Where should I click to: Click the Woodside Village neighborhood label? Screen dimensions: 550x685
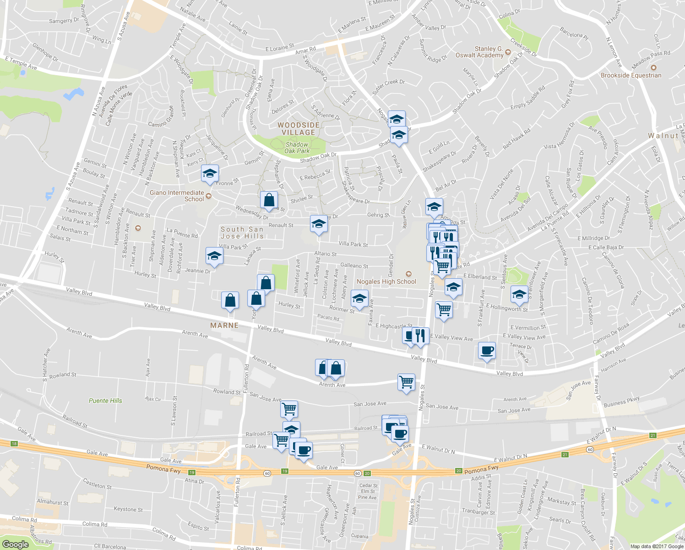(298, 129)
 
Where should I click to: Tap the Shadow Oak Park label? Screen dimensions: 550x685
(297, 148)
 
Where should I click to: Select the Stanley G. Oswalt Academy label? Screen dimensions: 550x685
(479, 52)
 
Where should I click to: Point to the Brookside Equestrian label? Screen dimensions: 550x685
(631, 75)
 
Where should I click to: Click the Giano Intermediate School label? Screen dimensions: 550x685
(177, 196)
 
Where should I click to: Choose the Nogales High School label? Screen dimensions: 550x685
(386, 281)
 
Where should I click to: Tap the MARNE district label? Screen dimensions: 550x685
(224, 325)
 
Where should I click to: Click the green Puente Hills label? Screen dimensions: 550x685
(105, 401)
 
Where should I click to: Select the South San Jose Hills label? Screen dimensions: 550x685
(242, 233)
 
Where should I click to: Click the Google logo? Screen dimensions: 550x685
(16, 544)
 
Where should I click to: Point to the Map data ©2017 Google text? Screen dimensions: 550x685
(657, 546)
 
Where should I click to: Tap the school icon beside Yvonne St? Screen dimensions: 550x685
(210, 174)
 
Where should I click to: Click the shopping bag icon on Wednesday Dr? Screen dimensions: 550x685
(269, 200)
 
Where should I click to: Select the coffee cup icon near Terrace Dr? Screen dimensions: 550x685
(487, 351)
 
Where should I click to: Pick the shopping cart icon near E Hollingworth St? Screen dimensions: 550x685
(444, 309)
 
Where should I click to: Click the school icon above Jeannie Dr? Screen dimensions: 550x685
(214, 256)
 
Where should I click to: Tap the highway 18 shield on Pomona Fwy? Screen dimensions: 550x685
(15, 444)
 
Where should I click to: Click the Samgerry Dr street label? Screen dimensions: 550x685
(64, 21)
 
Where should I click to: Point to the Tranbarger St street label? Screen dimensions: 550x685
(478, 511)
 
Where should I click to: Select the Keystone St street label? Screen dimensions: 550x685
(128, 509)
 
